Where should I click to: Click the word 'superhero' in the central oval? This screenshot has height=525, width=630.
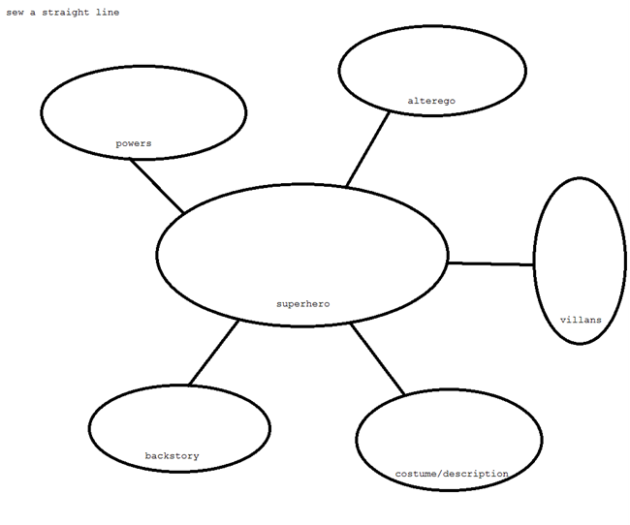[303, 304]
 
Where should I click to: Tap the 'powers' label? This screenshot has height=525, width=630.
[134, 143]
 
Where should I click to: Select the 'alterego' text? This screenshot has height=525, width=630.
[431, 101]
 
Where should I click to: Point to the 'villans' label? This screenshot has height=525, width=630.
[581, 320]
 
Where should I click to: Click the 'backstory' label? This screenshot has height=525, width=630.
[172, 456]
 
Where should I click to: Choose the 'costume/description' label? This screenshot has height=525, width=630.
[452, 474]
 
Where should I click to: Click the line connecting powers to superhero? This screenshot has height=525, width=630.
[156, 186]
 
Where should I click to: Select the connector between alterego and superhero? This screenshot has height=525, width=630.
[368, 149]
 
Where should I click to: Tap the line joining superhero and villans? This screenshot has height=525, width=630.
[491, 263]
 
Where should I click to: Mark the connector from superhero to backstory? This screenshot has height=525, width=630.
[214, 353]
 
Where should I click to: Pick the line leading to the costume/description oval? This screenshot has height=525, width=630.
[377, 359]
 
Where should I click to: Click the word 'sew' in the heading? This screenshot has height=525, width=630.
[15, 13]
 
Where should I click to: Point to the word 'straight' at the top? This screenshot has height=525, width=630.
[66, 13]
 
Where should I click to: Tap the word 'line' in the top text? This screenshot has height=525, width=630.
[108, 12]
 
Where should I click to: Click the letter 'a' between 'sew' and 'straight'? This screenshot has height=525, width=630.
[33, 13]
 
